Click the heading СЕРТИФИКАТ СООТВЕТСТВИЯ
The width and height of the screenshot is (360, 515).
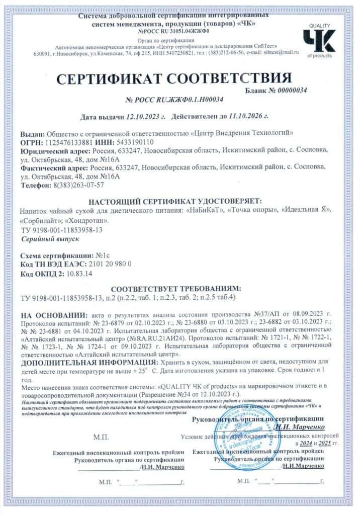(173, 78)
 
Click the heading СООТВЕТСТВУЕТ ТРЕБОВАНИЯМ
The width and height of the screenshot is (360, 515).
(175, 289)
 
